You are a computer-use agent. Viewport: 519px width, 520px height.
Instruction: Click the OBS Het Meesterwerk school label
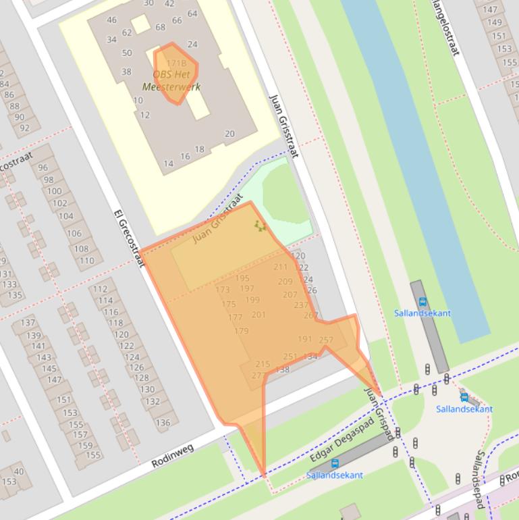(x=171, y=80)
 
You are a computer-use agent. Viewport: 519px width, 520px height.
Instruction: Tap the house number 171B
(x=175, y=63)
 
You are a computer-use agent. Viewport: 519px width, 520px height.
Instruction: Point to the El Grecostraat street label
(x=128, y=238)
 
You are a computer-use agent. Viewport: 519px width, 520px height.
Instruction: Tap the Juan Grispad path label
(x=379, y=413)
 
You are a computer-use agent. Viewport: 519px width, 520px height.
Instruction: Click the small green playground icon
(x=260, y=226)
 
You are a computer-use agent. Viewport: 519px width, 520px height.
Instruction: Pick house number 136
(x=163, y=423)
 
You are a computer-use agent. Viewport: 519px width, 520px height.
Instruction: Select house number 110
(x=86, y=261)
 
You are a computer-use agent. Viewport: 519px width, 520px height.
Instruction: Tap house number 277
(x=258, y=375)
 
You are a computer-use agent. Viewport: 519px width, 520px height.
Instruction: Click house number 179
(x=241, y=331)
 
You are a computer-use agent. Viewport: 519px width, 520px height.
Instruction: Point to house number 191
(x=305, y=339)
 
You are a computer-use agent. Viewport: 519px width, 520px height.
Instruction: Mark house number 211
(x=281, y=267)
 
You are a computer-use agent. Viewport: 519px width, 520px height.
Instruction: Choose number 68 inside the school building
(x=160, y=28)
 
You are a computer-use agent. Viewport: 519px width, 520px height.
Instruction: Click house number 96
(x=43, y=167)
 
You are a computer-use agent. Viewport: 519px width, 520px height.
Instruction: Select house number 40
(x=18, y=471)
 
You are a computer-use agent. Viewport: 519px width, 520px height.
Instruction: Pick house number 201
(x=258, y=315)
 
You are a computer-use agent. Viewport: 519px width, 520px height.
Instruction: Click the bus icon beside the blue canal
(x=422, y=302)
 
